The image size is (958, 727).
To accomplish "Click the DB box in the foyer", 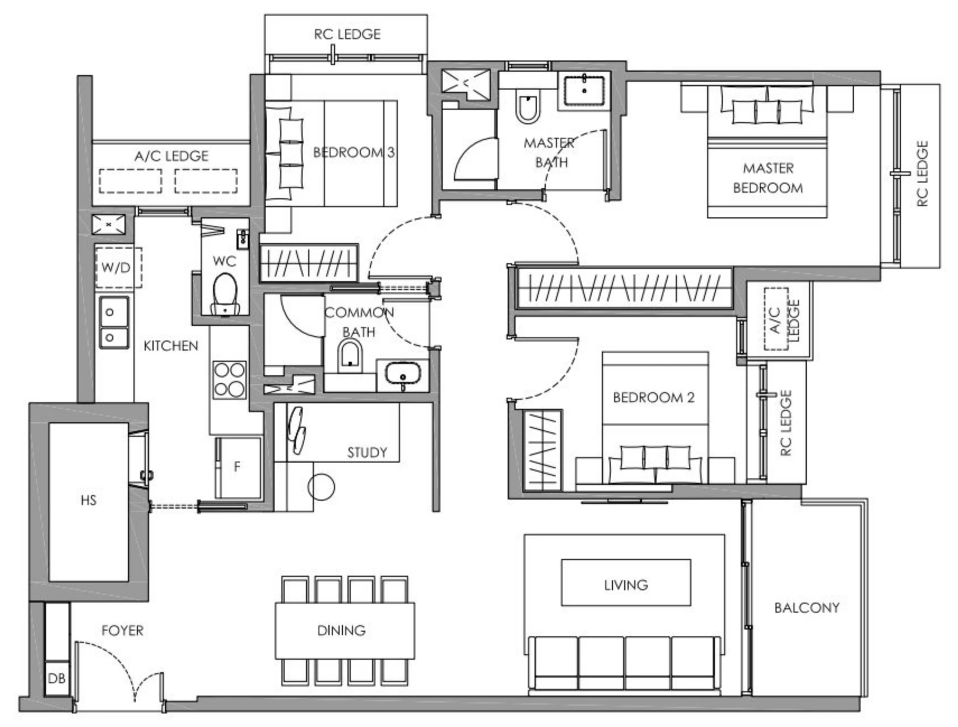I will tap(57, 678).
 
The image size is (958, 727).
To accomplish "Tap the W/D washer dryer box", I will tap(117, 267).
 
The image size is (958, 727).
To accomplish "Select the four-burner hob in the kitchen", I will tap(229, 379).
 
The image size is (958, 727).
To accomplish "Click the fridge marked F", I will tap(238, 466).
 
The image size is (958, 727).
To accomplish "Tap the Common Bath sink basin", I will tap(402, 373).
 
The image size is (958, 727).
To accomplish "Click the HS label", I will tap(89, 500).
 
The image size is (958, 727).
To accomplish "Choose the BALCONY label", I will tap(806, 608).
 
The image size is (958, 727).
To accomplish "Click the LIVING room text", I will tap(626, 585).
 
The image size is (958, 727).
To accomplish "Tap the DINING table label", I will tap(341, 630).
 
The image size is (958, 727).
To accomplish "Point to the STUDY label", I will tap(367, 452).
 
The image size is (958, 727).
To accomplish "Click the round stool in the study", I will tap(321, 486).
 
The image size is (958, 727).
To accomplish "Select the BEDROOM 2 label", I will tap(653, 397).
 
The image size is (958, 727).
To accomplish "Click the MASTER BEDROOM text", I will tap(768, 178).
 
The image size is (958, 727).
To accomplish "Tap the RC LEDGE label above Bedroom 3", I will tap(347, 34).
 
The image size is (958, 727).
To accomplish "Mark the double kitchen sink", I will tap(114, 323).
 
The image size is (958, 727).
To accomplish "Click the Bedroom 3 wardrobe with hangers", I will tap(309, 262).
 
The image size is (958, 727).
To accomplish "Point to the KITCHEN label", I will tap(171, 346).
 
